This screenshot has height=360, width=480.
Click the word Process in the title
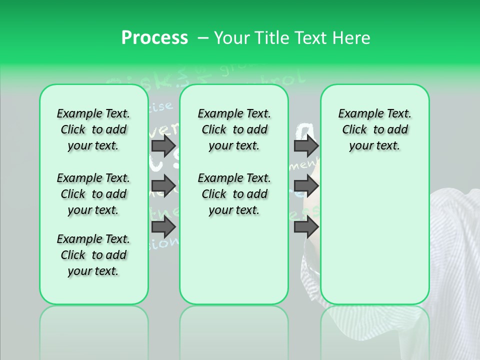click(x=154, y=38)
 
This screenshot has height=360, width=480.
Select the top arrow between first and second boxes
click(x=163, y=145)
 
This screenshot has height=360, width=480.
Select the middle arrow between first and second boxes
click(x=163, y=186)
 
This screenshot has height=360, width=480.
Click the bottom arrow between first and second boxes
click(x=163, y=227)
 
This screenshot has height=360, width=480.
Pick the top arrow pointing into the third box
click(x=306, y=145)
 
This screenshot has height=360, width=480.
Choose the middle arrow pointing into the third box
click(x=306, y=186)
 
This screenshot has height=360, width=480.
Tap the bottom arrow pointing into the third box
click(x=306, y=227)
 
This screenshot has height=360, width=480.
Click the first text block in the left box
click(x=93, y=129)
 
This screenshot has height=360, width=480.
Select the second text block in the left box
click(x=93, y=194)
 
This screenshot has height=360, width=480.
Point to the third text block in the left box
click(x=93, y=255)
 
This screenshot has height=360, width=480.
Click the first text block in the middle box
click(x=234, y=129)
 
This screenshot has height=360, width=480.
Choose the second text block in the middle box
click(x=234, y=194)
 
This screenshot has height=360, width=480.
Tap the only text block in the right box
click(x=374, y=129)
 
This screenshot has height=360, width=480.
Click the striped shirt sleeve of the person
click(x=452, y=250)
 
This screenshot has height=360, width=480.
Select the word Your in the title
click(x=232, y=38)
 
